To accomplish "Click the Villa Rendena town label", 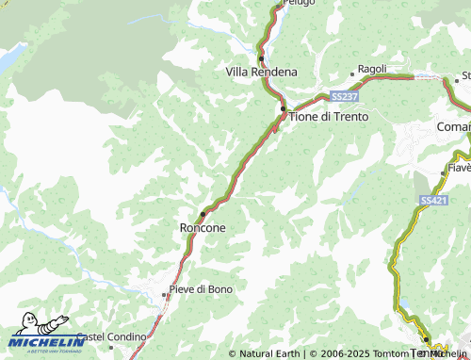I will (261, 72).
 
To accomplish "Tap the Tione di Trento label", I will (328, 116).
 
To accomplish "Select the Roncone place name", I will (201, 227).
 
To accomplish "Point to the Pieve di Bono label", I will (201, 287).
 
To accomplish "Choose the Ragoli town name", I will (373, 70).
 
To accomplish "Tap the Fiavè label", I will (459, 170).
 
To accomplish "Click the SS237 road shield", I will (344, 96).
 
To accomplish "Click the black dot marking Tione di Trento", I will (282, 109).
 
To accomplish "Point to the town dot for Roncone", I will (203, 214).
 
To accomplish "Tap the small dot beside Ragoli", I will (353, 72).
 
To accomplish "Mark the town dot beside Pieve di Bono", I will (164, 294).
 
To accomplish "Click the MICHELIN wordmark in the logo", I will (47, 340).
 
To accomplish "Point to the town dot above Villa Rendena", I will (261, 58).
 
